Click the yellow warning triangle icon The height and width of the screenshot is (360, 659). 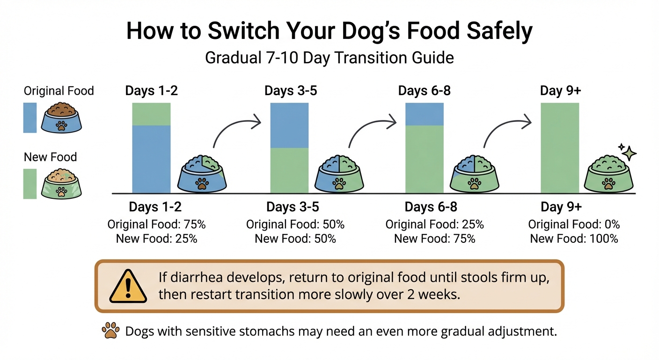point(128,286)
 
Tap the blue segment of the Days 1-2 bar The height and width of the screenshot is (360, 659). point(151,159)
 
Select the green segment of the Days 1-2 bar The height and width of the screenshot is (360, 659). point(151,114)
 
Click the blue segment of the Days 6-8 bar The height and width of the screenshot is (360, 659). point(424,114)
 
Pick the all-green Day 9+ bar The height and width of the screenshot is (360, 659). point(559,148)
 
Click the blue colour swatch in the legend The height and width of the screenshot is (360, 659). point(30,118)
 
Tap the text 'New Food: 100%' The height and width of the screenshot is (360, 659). point(574,239)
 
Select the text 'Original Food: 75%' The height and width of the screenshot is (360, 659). point(157,225)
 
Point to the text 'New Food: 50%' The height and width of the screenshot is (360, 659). point(295,239)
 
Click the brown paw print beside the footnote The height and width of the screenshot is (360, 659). point(110,331)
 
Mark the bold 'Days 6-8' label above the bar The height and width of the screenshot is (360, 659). point(424,90)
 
